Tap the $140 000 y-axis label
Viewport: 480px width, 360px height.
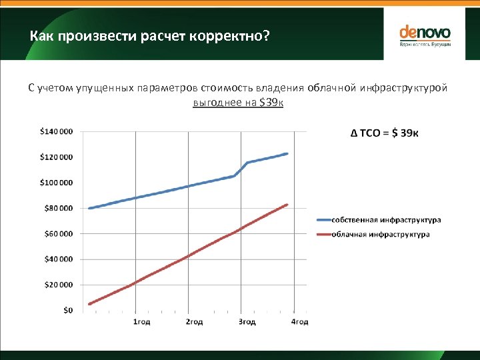[57, 132]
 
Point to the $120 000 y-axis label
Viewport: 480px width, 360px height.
[57, 157]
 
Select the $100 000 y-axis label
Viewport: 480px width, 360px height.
[57, 183]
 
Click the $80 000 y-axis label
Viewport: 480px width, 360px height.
[59, 208]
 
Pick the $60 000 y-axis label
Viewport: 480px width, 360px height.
[59, 234]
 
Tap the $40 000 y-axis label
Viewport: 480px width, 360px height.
[59, 259]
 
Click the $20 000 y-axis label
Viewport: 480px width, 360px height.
[59, 285]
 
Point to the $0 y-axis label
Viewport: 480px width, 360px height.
[68, 310]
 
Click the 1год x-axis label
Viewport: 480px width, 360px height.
[141, 322]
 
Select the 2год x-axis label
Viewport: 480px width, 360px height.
[194, 322]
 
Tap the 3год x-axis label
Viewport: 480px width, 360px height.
[247, 322]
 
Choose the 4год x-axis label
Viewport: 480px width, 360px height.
[299, 322]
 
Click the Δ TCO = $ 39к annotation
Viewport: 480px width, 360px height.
[385, 133]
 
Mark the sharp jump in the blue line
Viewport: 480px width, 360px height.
[241, 169]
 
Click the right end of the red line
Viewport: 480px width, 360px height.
[287, 205]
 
